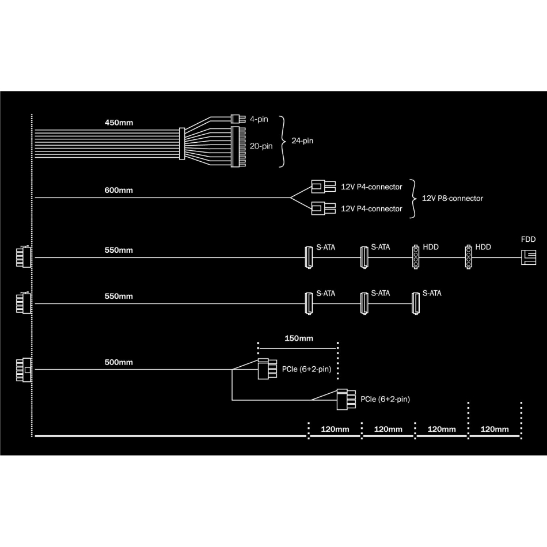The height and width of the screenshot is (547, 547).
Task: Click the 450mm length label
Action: [x=119, y=123]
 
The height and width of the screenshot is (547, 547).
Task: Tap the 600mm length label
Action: [x=119, y=191]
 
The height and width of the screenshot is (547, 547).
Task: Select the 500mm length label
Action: [x=119, y=362]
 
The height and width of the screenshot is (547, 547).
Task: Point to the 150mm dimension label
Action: [x=299, y=339]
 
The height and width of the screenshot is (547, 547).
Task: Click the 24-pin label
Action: [x=302, y=141]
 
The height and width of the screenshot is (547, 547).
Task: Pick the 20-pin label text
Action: [x=261, y=146]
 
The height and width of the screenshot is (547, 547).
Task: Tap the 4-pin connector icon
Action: [x=238, y=119]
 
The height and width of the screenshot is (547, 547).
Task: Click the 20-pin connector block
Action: [x=238, y=147]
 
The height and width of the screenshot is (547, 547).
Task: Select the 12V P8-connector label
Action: [x=453, y=199]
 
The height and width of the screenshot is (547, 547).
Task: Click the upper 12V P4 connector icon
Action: [x=324, y=187]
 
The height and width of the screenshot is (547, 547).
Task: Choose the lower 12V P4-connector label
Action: [x=371, y=209]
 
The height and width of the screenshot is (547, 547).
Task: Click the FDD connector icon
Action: [x=529, y=257]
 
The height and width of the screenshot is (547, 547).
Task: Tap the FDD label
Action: [x=528, y=240]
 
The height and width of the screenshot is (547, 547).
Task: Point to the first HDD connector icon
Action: [x=416, y=257]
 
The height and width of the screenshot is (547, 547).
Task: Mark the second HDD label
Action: [x=483, y=248]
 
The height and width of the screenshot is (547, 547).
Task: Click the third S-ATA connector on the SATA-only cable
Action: [x=416, y=303]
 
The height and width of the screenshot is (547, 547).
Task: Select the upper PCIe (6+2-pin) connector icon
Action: [x=267, y=369]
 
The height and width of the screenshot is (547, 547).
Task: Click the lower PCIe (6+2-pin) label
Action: [x=385, y=400]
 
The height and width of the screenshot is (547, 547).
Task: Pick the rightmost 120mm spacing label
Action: [x=495, y=430]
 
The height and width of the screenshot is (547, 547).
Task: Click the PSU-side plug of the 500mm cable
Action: [x=24, y=370]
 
